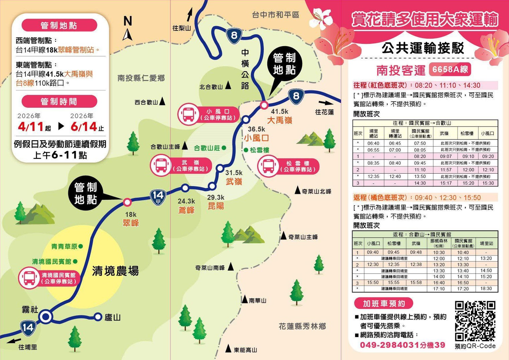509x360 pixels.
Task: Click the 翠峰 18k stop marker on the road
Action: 127,202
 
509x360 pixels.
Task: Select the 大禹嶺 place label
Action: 280,120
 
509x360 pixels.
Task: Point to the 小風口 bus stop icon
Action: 188,114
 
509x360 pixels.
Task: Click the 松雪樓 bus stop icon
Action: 268,166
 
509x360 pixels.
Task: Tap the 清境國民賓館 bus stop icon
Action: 29,278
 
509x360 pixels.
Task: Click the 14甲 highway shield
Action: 158,197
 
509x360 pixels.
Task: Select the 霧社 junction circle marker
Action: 46,317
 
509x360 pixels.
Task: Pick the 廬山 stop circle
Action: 98,317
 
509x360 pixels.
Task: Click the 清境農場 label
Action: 115,271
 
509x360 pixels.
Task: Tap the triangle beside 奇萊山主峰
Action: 283,236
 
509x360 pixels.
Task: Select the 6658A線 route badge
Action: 450,69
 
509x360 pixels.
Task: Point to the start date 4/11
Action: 31,127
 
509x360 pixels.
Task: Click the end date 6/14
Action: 84,127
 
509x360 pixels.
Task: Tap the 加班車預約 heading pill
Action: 384,303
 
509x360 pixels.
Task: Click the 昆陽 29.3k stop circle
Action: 212,186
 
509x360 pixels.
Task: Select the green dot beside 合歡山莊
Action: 224,148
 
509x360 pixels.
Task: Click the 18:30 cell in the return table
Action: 486,288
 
